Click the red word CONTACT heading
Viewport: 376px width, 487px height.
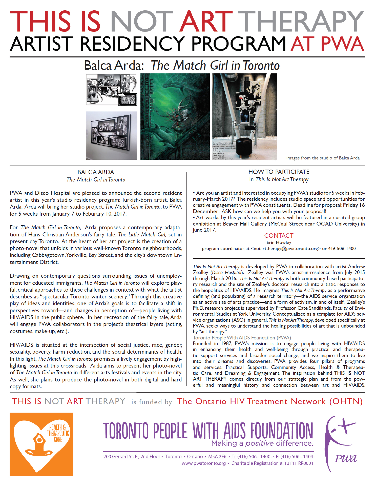(x=279, y=236)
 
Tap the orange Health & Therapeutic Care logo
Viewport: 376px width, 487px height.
(x=41, y=444)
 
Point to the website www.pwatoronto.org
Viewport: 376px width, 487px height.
(x=203, y=463)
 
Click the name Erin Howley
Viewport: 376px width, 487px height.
(x=279, y=242)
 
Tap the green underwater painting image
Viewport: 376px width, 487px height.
(x=175, y=116)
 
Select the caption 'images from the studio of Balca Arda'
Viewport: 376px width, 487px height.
(x=323, y=158)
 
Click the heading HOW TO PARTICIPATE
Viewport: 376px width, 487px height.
(x=279, y=172)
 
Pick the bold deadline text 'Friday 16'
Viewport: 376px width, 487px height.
(x=354, y=205)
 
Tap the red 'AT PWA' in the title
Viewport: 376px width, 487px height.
(x=327, y=44)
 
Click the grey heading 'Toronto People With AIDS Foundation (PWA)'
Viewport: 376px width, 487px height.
(x=242, y=338)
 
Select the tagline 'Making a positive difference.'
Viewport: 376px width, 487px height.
(x=262, y=443)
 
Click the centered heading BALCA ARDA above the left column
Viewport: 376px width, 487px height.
(x=96, y=172)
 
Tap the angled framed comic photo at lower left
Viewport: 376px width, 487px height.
(x=111, y=135)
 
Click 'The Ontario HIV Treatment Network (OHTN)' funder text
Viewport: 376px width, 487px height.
(x=270, y=401)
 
